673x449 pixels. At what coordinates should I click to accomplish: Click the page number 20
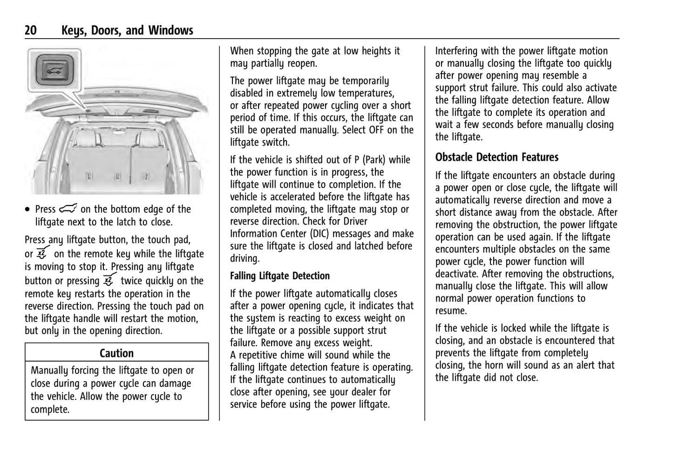[31, 31]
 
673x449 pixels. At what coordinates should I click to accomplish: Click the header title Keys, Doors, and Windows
[127, 31]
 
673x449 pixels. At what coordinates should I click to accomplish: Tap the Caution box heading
[116, 353]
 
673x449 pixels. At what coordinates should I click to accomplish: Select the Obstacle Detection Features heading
[496, 157]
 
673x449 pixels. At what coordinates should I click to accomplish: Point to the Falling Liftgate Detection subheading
[279, 276]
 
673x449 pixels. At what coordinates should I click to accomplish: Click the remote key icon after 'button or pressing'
[109, 281]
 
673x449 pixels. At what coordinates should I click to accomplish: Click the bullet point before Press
[28, 210]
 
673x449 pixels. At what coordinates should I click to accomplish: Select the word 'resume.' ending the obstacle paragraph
[451, 311]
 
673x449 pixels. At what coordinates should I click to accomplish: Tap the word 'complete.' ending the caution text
[50, 409]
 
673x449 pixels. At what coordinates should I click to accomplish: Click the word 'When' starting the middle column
[242, 51]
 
